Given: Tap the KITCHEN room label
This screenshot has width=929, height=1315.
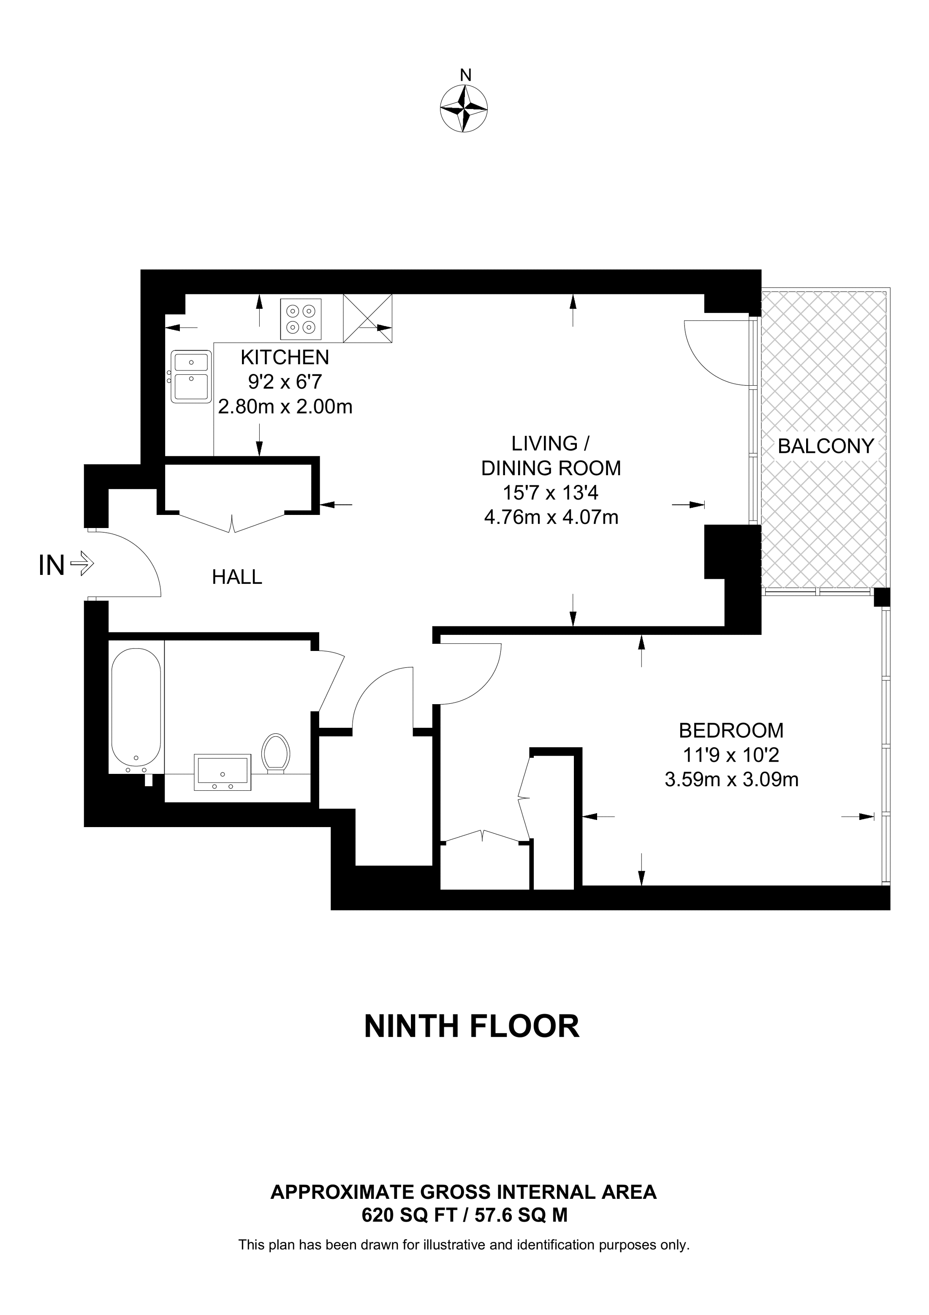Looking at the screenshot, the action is click(x=285, y=357).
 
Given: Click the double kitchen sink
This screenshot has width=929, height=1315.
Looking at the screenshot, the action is click(x=192, y=377).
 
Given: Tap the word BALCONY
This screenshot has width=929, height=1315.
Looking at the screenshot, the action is click(x=826, y=446).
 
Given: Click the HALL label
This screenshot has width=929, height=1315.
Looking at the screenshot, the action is click(x=237, y=577).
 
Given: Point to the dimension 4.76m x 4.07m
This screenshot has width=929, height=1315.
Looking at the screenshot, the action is click(x=551, y=517).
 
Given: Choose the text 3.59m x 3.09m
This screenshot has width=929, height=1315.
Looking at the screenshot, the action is click(x=731, y=779).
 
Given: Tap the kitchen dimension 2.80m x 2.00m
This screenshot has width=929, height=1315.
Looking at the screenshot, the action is click(x=285, y=407).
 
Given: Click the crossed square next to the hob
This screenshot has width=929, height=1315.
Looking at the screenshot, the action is click(x=367, y=319).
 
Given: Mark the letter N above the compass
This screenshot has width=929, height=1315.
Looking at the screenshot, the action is click(x=466, y=74).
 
